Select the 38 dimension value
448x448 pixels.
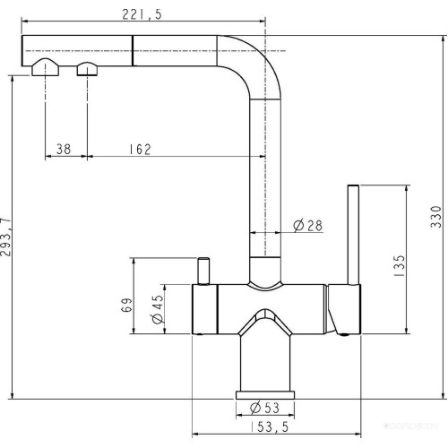click(64, 149)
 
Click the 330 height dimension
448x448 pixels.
click(436, 218)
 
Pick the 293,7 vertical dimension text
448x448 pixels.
click(9, 237)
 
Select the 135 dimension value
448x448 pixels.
click(399, 265)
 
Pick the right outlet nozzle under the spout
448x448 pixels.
click(87, 69)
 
